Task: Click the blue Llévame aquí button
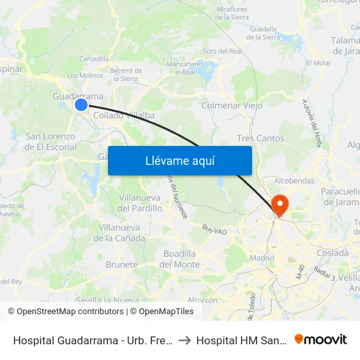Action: (179, 160)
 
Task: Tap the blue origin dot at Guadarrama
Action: (81, 104)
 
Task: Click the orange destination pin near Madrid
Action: (279, 206)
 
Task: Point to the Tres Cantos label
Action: (261, 139)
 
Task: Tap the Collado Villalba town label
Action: (124, 115)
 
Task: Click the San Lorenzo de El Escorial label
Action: (50, 141)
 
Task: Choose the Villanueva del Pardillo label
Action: (140, 203)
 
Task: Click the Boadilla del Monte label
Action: (179, 259)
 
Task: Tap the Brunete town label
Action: (122, 265)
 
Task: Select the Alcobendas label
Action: (295, 181)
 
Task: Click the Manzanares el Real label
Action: (181, 68)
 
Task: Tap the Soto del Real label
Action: (222, 51)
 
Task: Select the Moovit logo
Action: (321, 340)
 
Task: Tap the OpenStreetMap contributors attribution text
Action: (66, 312)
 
